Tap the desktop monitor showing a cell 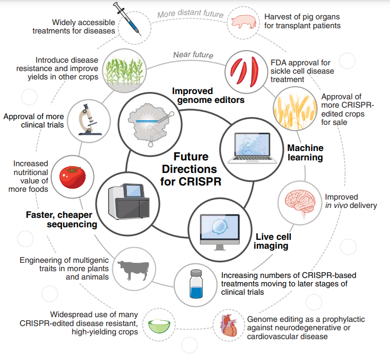tap(220, 229)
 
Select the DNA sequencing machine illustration tap(128, 200)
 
